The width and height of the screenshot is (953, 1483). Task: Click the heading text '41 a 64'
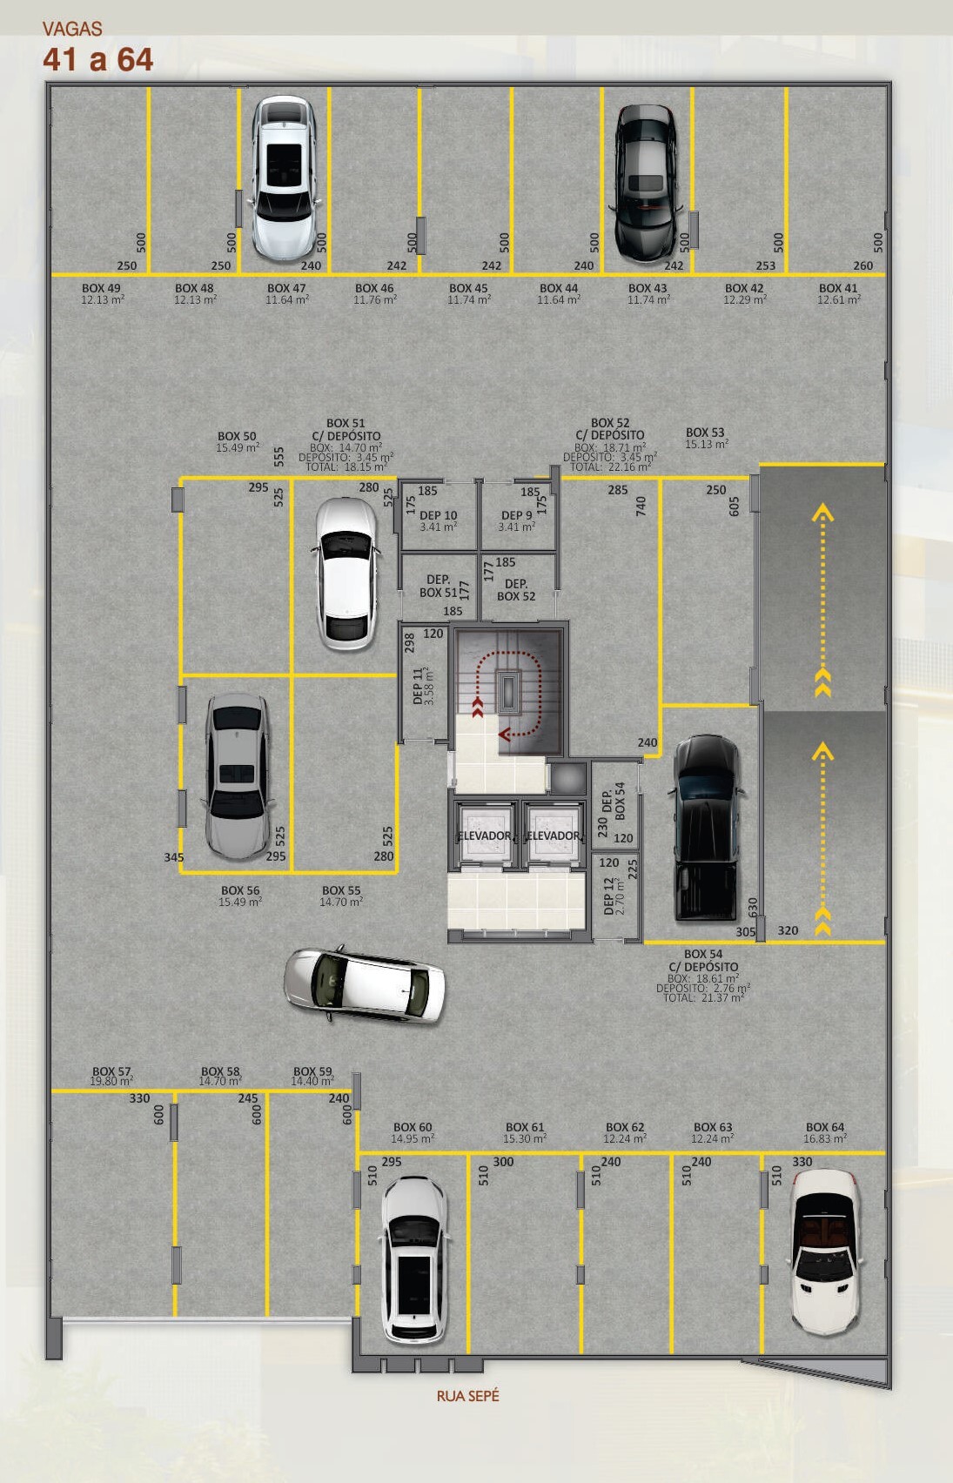click(x=98, y=59)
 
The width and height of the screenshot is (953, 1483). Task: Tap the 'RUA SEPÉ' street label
click(x=467, y=1396)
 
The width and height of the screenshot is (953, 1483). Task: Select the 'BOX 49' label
click(x=101, y=288)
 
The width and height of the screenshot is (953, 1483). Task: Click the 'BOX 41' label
click(x=838, y=288)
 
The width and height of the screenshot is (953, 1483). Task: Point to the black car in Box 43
click(x=647, y=183)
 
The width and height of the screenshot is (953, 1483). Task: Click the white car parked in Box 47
click(x=284, y=178)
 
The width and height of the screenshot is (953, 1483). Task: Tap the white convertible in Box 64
click(x=825, y=1251)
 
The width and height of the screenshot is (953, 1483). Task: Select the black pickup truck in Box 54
click(x=706, y=828)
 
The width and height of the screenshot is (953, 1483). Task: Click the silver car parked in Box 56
click(x=237, y=776)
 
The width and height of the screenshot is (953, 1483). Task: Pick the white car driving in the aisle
click(x=365, y=983)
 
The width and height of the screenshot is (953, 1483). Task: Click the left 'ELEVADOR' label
click(x=485, y=835)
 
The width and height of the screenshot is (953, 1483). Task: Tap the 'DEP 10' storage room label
click(x=439, y=515)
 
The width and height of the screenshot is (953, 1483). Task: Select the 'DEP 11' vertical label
click(x=417, y=686)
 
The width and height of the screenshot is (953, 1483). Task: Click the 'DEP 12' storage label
click(x=608, y=896)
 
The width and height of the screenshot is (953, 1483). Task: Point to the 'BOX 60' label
click(x=412, y=1127)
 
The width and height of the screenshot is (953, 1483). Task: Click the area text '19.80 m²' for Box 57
click(x=111, y=1081)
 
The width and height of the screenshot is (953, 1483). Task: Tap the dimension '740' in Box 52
click(x=641, y=507)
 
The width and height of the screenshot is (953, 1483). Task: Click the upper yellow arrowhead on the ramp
click(x=822, y=512)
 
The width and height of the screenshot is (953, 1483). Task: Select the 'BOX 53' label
click(x=705, y=433)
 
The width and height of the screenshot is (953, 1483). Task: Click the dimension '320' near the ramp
click(x=788, y=930)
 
